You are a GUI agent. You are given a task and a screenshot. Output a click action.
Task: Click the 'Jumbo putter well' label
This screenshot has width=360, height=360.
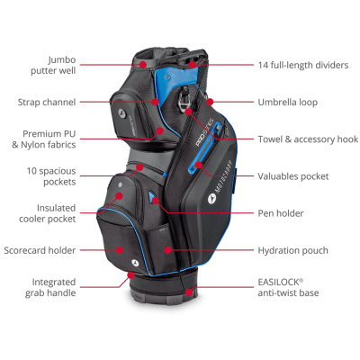click(53, 65)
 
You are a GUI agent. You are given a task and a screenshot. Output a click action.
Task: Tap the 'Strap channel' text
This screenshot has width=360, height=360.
click(47, 102)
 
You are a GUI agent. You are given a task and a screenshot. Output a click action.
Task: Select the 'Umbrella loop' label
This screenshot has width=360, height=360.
click(288, 103)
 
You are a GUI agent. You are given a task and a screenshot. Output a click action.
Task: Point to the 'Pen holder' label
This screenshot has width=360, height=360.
click(281, 213)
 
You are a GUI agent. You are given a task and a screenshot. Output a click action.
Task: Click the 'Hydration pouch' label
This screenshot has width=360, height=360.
click(292, 250)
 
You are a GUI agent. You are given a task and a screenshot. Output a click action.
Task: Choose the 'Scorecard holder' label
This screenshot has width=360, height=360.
click(40, 250)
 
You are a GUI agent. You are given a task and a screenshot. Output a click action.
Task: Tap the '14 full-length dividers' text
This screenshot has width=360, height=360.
click(303, 65)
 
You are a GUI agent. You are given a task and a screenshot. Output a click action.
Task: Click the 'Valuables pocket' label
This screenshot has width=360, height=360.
click(293, 176)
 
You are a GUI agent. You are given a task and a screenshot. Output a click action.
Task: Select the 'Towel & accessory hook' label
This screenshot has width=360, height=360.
click(308, 139)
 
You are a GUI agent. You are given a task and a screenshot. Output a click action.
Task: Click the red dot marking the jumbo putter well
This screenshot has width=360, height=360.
click(143, 65)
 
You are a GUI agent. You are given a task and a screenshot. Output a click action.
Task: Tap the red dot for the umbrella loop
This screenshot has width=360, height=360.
click(210, 102)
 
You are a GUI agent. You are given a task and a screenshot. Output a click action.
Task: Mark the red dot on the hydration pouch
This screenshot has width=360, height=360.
click(168, 249)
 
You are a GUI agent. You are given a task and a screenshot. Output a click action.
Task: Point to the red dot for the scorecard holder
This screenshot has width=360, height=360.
click(120, 250)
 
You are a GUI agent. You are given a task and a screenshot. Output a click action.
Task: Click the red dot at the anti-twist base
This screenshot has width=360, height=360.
click(189, 292)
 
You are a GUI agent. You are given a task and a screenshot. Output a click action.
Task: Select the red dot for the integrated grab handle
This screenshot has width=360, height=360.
click(130, 274)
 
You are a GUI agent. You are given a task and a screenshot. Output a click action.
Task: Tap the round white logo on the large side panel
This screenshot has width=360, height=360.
click(211, 198)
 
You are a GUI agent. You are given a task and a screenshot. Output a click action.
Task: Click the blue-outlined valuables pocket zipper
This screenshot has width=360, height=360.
click(204, 148)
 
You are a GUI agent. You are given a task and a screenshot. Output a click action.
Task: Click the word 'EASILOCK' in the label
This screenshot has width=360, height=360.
click(278, 283)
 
